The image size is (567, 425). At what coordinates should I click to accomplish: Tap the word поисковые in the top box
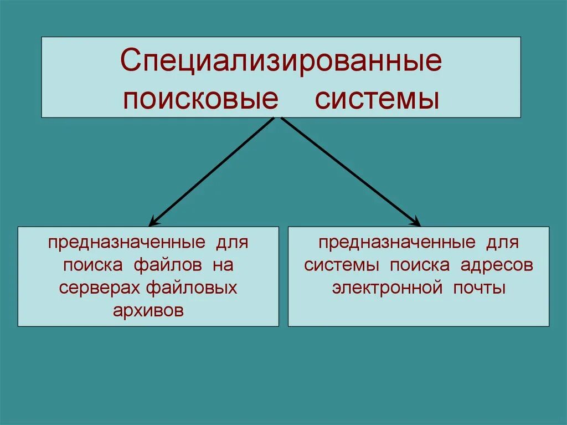[200, 100]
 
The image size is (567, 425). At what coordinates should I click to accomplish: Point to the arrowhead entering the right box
[416, 222]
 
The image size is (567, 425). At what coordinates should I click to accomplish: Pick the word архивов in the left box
[148, 311]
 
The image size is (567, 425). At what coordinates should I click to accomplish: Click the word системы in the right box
[343, 265]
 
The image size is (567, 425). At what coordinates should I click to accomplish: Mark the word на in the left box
[224, 265]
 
